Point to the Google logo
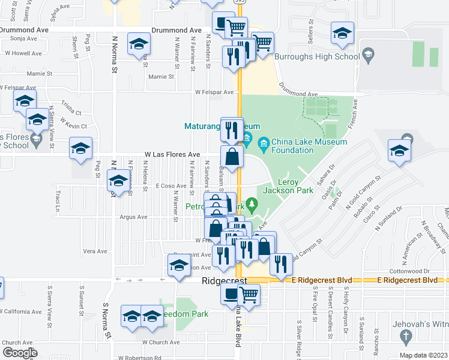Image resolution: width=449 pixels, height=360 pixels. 20,352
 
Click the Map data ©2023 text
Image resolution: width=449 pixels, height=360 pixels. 423,355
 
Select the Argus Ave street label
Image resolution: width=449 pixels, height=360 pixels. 133,217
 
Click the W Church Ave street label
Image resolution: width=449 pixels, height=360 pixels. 160,342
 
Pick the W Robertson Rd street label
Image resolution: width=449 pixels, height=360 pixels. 140,358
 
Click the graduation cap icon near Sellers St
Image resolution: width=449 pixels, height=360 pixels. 342,35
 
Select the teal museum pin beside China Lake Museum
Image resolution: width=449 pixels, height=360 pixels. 263,144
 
